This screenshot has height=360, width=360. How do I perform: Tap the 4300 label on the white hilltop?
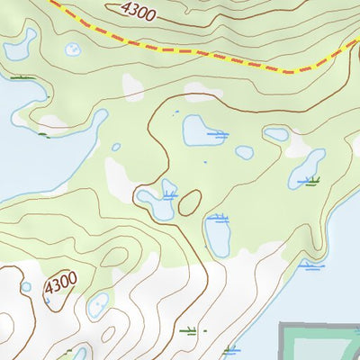click(59, 282)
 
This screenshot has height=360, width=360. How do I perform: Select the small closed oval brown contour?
click(189, 203)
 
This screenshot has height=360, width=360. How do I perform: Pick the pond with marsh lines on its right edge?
click(198, 130)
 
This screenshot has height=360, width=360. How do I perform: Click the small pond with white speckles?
click(243, 153)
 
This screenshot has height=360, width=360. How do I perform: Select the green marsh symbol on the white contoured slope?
click(187, 330)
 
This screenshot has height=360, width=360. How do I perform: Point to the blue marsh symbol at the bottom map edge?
click(230, 349)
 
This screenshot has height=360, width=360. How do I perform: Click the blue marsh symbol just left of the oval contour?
click(169, 194)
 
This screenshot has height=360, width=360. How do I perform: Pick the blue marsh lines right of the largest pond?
click(217, 135)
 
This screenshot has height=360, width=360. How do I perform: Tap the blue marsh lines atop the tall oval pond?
click(216, 217)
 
